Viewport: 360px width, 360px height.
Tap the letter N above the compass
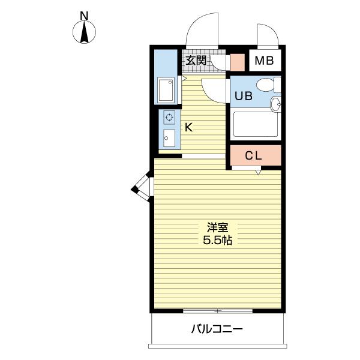(85, 14)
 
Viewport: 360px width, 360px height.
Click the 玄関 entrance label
(196, 60)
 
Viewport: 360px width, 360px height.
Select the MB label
(264, 61)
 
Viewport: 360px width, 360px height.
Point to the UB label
(243, 94)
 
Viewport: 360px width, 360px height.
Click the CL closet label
(253, 155)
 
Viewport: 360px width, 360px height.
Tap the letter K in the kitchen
(188, 127)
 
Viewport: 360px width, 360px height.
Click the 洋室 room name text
(218, 227)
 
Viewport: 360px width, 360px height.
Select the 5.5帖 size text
(218, 240)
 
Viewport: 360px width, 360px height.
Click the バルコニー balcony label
(217, 329)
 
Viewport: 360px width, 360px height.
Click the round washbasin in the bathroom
(275, 105)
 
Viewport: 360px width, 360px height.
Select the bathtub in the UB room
(254, 125)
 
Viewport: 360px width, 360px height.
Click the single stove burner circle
(169, 118)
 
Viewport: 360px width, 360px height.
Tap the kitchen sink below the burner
(169, 139)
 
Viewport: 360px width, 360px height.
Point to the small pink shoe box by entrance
(236, 61)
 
